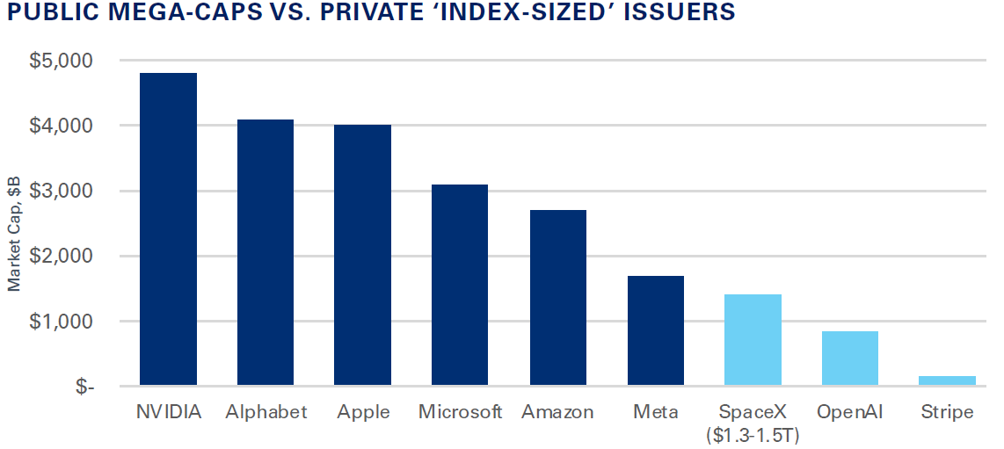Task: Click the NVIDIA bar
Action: coord(169,229)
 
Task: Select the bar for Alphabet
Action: coord(266,253)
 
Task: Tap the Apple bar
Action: coord(362,256)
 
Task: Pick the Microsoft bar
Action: coord(460,286)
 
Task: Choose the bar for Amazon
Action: coord(557,298)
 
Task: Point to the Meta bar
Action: coord(655,331)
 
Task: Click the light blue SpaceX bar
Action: coord(753,340)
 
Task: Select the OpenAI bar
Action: coord(849,358)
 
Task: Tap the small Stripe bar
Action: coord(947,380)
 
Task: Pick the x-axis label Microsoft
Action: coord(460,411)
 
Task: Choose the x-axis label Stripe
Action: coord(947,411)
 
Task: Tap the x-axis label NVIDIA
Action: coord(169,411)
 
